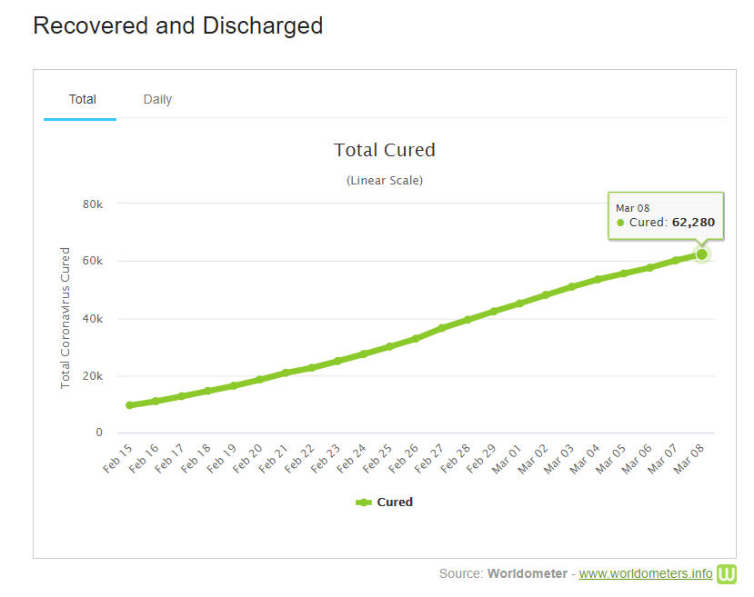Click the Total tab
pos(82,99)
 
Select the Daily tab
pos(157,99)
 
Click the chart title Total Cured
pos(384,150)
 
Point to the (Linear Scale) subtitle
pos(384,180)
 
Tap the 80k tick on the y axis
pos(93,204)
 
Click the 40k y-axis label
pos(93,319)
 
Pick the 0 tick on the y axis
pos(99,433)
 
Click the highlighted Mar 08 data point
pos(701,254)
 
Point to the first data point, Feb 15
pos(130,405)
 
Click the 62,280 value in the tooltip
pos(693,222)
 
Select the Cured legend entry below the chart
pos(385,502)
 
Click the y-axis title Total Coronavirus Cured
pos(65,317)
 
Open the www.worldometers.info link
pos(646,573)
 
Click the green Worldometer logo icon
pos(727,573)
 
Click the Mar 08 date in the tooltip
pos(632,208)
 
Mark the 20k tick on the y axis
pos(93,376)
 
